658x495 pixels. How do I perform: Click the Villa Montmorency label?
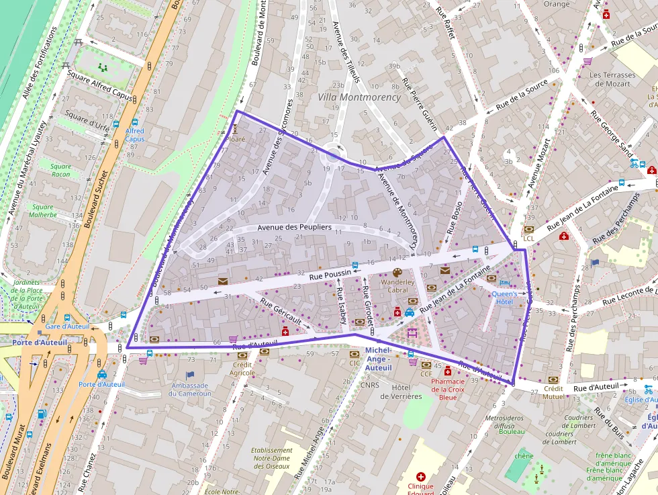pyautogui.click(x=359, y=97)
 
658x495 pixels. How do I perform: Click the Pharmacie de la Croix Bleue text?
pyautogui.click(x=448, y=389)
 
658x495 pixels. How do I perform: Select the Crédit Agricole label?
pyautogui.click(x=242, y=368)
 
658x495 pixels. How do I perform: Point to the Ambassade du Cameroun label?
pyautogui.click(x=191, y=390)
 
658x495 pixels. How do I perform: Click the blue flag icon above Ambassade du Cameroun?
pyautogui.click(x=190, y=375)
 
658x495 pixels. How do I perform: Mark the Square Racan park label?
pyautogui.click(x=60, y=171)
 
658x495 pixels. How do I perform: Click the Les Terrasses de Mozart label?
pyautogui.click(x=612, y=79)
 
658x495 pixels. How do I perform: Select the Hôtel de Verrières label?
pyautogui.click(x=401, y=392)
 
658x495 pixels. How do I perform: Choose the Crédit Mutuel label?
pyautogui.click(x=553, y=393)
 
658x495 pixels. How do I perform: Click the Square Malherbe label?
pyautogui.click(x=42, y=212)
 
